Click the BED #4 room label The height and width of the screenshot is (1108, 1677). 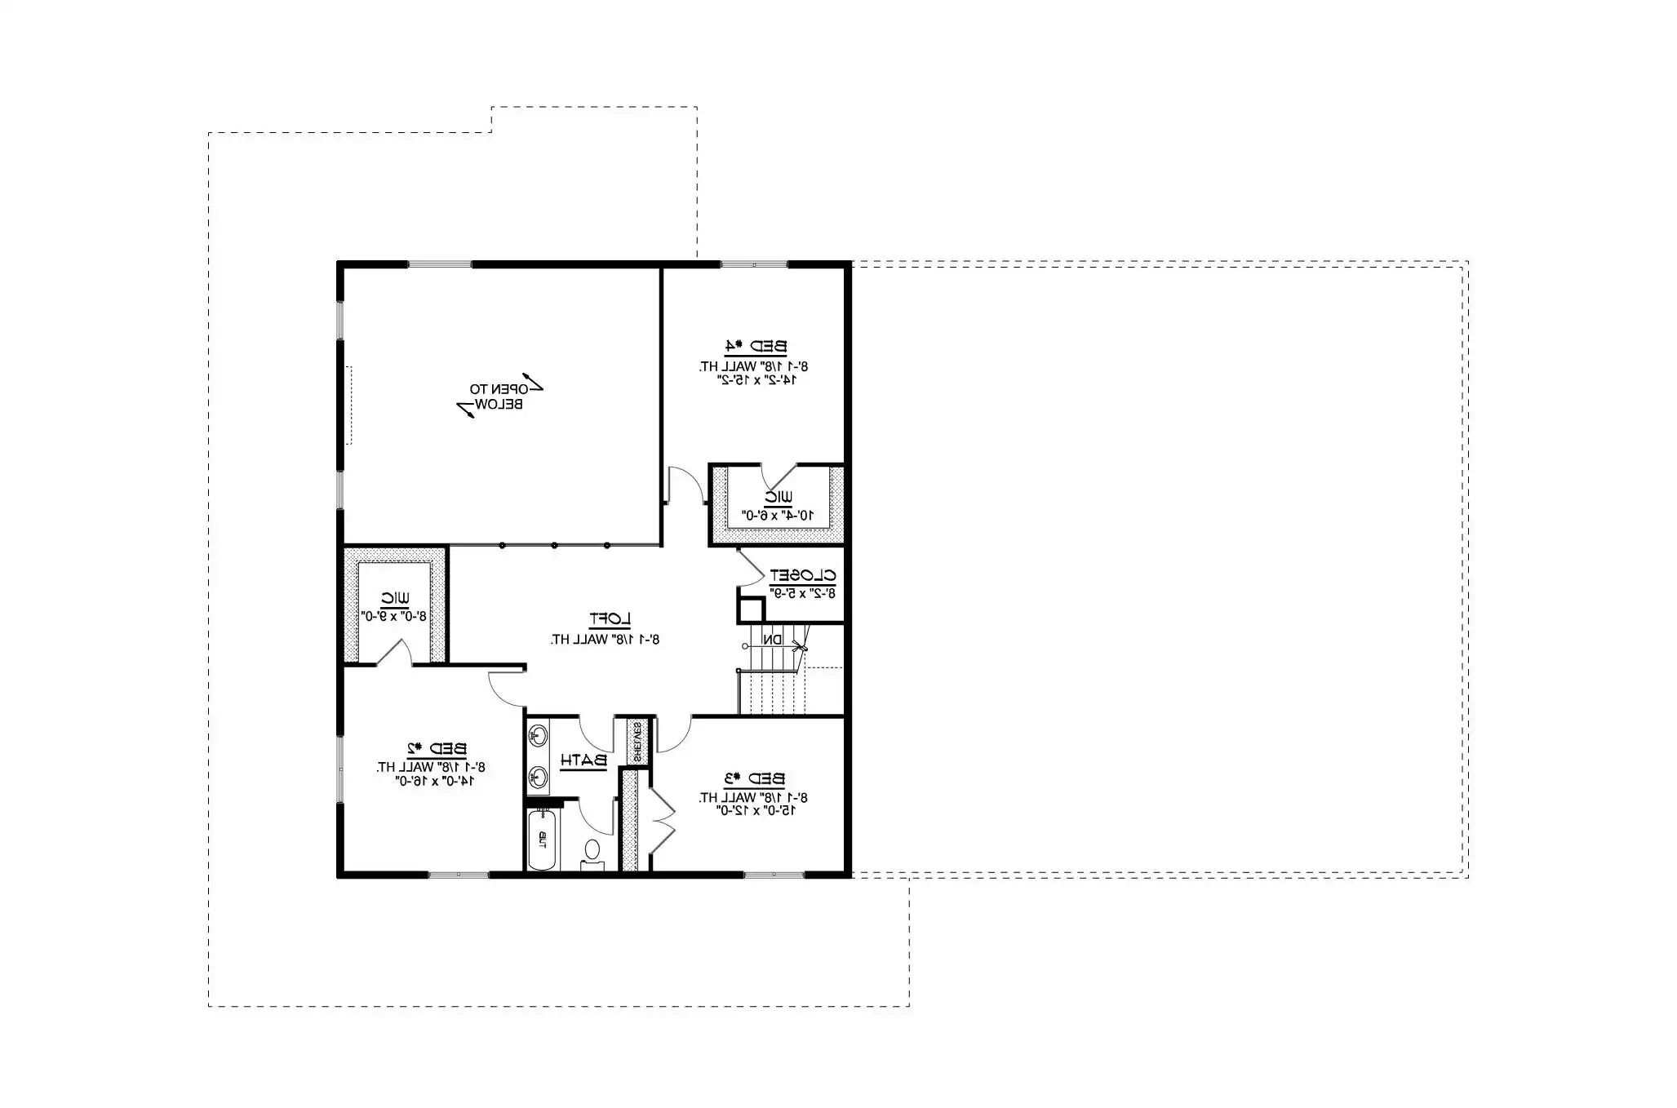point(756,346)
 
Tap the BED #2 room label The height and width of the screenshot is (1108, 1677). point(437,748)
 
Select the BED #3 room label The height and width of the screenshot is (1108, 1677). point(754,778)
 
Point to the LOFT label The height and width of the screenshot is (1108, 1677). point(610,619)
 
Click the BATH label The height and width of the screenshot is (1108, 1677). point(583,760)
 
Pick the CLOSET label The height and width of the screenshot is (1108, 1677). point(803,575)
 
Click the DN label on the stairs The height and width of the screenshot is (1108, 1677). point(773,640)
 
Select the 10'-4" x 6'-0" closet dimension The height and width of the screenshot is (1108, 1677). point(778,516)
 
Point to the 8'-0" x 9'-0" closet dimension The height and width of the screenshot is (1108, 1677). point(394,617)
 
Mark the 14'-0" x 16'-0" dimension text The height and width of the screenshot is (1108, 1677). point(435,782)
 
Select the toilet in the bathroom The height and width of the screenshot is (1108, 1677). point(592,851)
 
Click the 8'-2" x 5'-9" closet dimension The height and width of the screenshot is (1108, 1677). point(803,594)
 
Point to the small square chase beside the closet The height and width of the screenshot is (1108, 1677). point(751,609)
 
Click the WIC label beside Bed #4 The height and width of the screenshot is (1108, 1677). point(778,496)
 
